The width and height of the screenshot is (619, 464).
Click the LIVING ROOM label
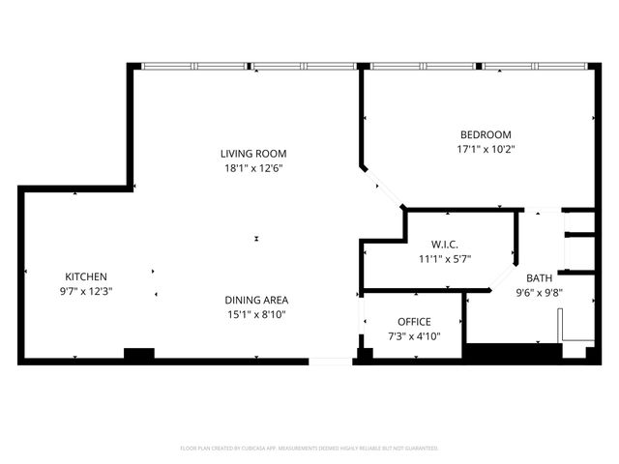[x=252, y=154]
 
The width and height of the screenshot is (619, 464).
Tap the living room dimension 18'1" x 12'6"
[x=252, y=167]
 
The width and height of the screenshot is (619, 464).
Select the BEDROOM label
[x=485, y=134]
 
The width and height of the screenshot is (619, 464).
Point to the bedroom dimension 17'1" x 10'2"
[x=485, y=149]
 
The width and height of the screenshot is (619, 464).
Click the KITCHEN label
[x=86, y=276]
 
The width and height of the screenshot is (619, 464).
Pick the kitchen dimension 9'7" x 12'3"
[x=86, y=291]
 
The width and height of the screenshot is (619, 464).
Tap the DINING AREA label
[x=256, y=300]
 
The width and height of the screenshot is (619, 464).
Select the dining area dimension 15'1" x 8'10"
[x=256, y=314]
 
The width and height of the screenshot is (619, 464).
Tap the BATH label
[x=539, y=277]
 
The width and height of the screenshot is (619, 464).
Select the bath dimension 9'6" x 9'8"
[x=539, y=292]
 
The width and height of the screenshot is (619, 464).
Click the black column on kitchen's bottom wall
[x=139, y=355]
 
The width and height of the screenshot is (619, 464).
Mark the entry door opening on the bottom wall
[x=331, y=362]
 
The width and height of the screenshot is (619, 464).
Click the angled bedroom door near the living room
[x=384, y=188]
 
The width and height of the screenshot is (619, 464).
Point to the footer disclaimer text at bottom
[x=309, y=449]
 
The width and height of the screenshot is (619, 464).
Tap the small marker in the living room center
[x=256, y=239]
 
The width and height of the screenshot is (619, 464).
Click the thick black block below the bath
[x=513, y=353]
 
